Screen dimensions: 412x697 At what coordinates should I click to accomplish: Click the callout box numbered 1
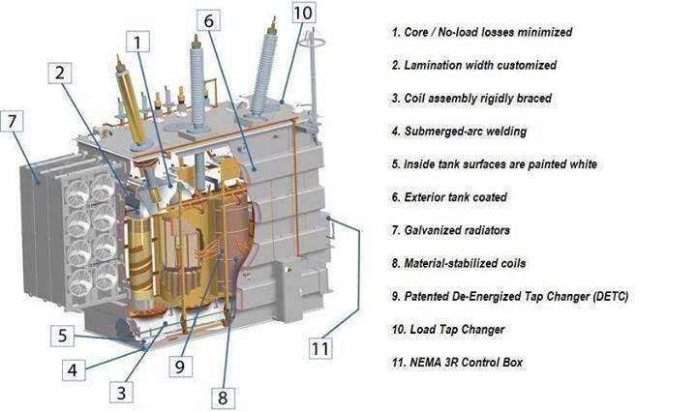(x=139, y=42)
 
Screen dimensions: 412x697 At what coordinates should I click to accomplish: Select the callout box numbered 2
(x=61, y=73)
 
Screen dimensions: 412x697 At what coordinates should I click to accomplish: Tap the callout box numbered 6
(x=212, y=19)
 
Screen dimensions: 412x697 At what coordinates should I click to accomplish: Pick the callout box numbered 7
(x=12, y=123)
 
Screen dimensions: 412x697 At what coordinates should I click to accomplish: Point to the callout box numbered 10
(x=303, y=13)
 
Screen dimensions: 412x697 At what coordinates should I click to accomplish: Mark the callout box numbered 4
(x=76, y=368)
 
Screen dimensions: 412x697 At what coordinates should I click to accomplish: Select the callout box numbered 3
(x=121, y=392)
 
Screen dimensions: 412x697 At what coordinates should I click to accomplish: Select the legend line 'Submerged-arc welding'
(x=459, y=132)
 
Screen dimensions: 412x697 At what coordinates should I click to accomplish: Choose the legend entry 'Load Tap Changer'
(x=448, y=330)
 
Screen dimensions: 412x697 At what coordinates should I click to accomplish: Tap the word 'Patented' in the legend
(x=430, y=296)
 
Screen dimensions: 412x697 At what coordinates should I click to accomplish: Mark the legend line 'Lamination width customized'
(x=473, y=65)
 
